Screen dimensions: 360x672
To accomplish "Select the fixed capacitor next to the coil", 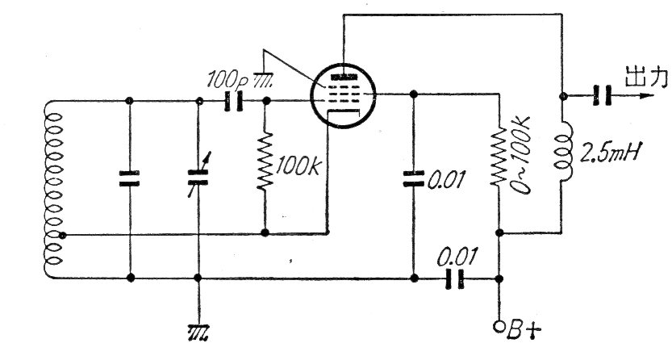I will (x=130, y=179).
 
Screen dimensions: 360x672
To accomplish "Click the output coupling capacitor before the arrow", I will (x=598, y=95).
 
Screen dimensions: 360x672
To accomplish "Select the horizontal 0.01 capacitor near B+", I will (x=457, y=278).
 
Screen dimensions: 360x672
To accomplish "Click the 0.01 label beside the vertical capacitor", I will (x=446, y=180).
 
